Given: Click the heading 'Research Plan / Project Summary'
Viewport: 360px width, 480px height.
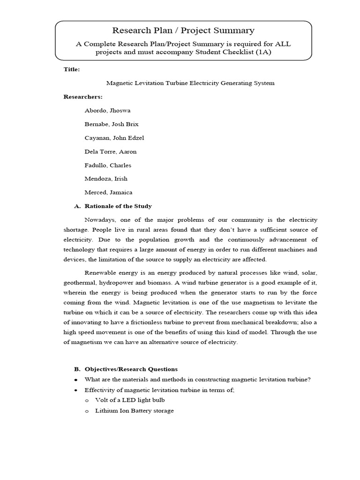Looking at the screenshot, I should tap(183, 31).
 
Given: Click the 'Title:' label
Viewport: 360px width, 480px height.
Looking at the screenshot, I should tap(72, 69).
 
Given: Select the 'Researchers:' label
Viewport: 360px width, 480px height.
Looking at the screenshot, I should tap(82, 97).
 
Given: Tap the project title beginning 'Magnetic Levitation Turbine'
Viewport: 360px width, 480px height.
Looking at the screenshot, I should tap(190, 83).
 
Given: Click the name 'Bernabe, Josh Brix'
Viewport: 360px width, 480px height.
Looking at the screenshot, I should tap(111, 124).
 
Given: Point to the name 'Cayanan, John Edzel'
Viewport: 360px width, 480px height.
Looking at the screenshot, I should tap(114, 138).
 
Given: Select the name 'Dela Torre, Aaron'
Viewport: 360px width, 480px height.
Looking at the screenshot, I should tap(110, 151).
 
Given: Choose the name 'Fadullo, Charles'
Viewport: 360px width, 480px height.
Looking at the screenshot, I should tap(108, 165).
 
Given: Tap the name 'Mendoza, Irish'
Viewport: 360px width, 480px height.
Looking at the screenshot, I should tap(105, 179).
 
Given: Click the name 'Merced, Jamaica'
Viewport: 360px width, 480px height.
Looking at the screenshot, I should tap(108, 192).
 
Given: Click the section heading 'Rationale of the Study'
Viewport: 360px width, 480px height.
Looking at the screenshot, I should tap(118, 206).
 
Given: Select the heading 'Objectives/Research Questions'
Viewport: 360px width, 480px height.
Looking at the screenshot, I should tap(131, 369).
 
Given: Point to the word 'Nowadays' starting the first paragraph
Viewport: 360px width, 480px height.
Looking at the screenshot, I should tap(99, 220).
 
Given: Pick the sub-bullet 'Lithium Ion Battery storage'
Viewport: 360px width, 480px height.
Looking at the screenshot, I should tap(134, 411).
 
